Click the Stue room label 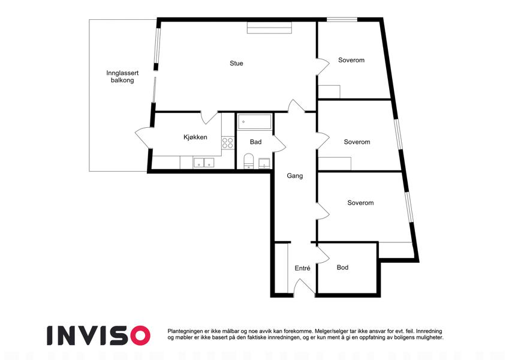tap(236, 64)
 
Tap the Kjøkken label tap(195, 137)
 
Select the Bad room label tap(256, 142)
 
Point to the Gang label tap(295, 176)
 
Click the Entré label tap(302, 268)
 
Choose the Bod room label tap(342, 268)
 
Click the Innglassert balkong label tap(122, 77)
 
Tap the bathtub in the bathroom tap(254, 122)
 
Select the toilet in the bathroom tap(249, 161)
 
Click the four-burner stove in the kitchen tap(228, 143)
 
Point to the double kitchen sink tap(204, 163)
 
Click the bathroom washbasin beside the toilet tap(264, 163)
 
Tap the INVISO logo tap(98, 335)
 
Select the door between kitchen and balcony tap(143, 138)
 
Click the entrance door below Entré tap(304, 288)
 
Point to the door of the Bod tap(323, 253)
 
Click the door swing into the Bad tap(279, 143)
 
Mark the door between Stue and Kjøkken tap(209, 118)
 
